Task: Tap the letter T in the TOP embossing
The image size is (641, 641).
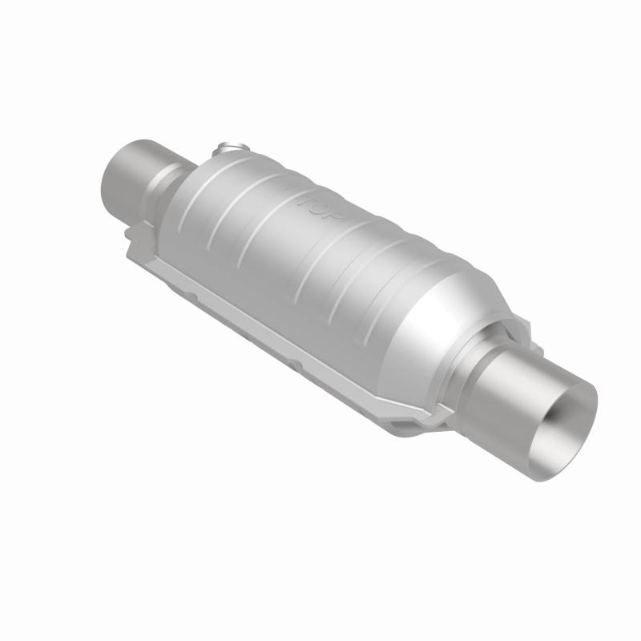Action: tap(305, 198)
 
